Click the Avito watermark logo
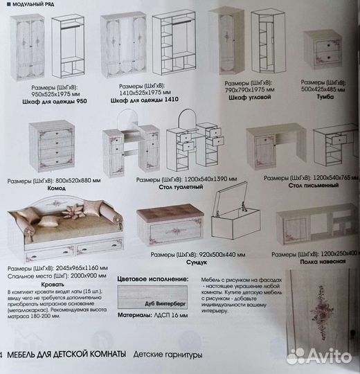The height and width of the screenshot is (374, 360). pyautogui.click(x=319, y=356)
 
